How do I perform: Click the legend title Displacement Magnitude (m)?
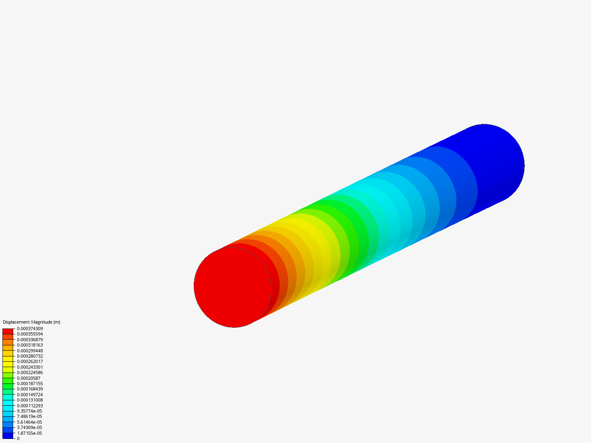click(x=32, y=322)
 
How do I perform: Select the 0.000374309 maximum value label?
click(x=30, y=329)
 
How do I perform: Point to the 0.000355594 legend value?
click(x=30, y=334)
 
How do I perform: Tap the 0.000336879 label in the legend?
click(x=30, y=340)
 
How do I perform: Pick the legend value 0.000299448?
click(x=30, y=351)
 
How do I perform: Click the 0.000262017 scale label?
click(x=30, y=361)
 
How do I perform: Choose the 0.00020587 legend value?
click(x=29, y=378)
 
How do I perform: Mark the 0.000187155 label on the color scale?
click(x=30, y=384)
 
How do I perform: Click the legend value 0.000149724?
click(x=30, y=395)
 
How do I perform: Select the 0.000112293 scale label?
click(x=30, y=406)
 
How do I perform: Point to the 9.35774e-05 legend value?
click(x=30, y=411)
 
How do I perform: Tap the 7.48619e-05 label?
click(x=30, y=416)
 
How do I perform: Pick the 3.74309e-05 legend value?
click(x=30, y=427)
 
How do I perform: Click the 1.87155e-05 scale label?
click(x=30, y=433)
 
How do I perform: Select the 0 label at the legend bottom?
click(x=18, y=438)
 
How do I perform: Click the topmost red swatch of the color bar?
click(x=8, y=331)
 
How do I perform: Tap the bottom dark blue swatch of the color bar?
click(x=8, y=436)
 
